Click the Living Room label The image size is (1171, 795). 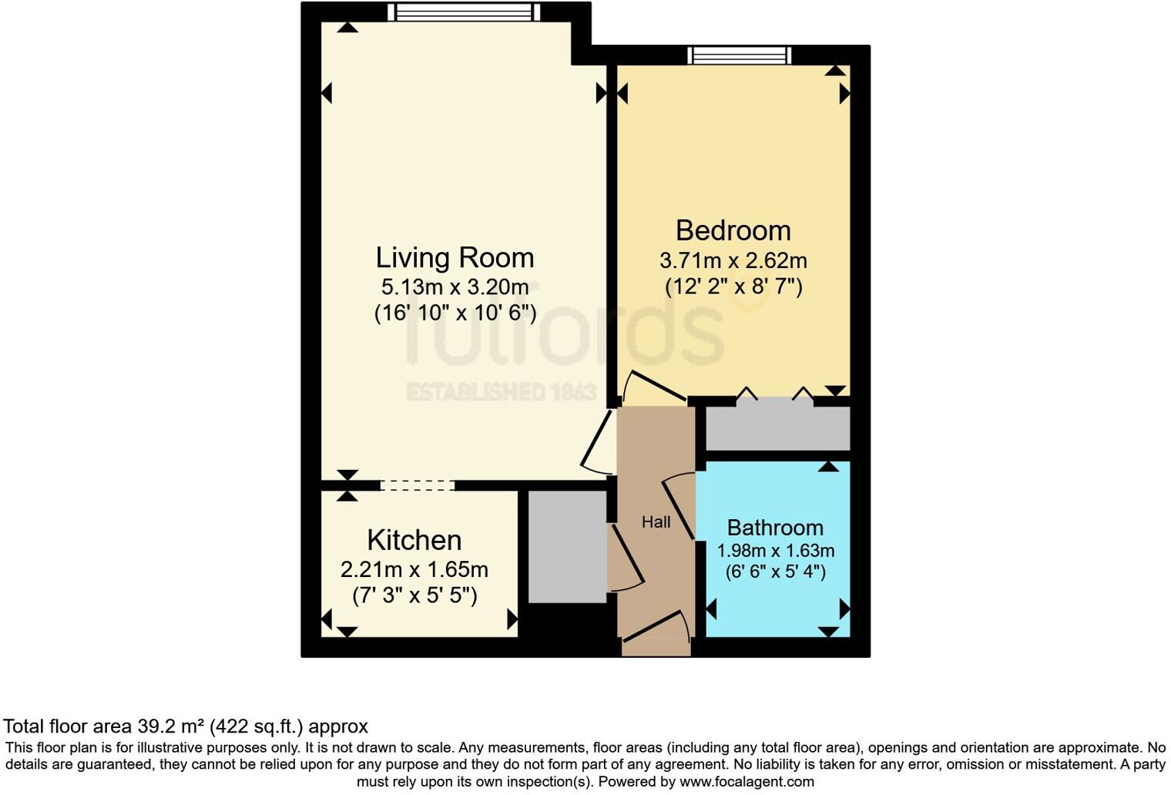[455, 257]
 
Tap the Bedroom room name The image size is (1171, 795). [733, 230]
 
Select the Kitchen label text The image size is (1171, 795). [414, 540]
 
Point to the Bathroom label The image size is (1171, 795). [775, 528]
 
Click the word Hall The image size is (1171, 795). [656, 522]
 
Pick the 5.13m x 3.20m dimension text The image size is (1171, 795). [455, 287]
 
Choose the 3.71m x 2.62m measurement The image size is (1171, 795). [733, 260]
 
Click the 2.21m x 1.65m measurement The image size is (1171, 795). [414, 569]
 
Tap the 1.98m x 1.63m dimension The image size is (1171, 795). [775, 551]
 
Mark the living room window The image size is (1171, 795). [464, 12]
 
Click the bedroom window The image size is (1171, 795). [740, 55]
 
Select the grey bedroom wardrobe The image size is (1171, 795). [777, 428]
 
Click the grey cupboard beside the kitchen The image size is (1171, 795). [567, 545]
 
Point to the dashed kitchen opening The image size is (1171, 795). [418, 485]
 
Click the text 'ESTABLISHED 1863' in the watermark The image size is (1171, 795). [501, 392]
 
